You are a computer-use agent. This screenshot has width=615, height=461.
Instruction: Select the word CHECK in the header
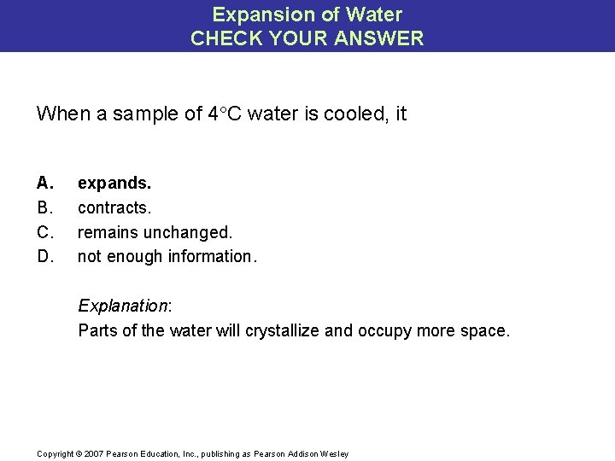pos(221,38)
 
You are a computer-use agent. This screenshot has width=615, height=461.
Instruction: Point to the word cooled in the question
pos(351,114)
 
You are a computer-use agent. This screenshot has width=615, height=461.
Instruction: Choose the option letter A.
pos(44,183)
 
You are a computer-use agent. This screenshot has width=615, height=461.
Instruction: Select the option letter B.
pos(44,207)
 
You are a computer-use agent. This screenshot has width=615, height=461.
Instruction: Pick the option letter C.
pos(44,232)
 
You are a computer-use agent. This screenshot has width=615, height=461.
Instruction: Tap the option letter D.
pos(44,256)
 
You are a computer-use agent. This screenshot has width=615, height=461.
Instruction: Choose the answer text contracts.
pos(114,207)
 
